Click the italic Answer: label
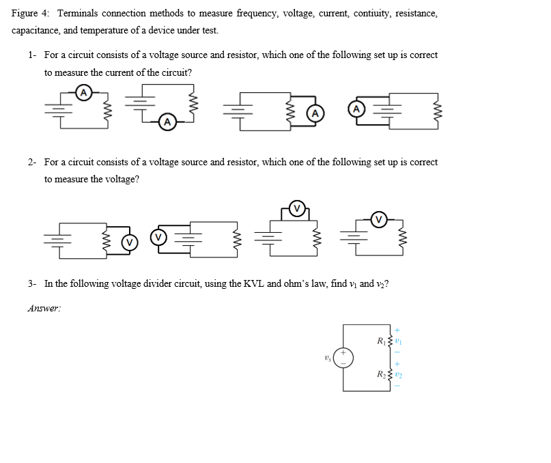pos(45,308)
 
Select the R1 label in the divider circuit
pos(381,340)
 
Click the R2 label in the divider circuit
pos(381,374)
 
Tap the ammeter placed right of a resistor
pos(315,113)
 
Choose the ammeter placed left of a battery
pos(356,108)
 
